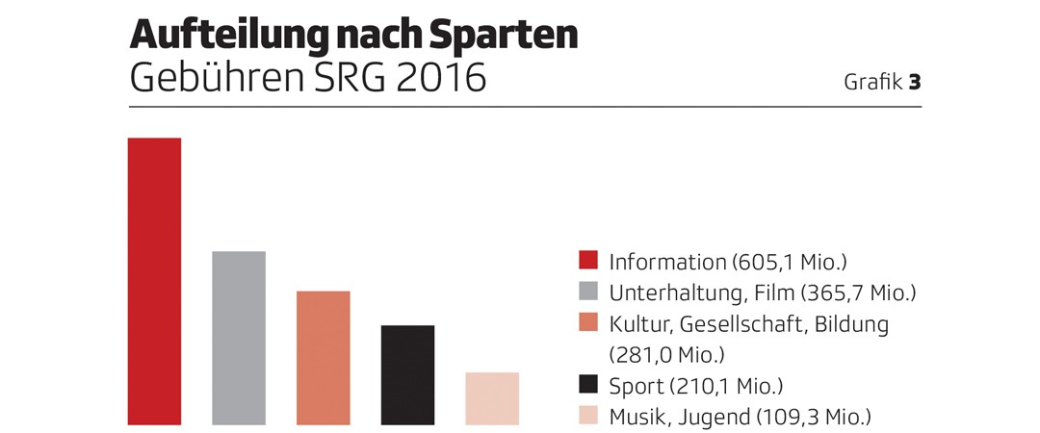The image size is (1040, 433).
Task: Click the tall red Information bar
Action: tap(154, 281)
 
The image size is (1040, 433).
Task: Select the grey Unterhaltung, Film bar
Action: tap(239, 338)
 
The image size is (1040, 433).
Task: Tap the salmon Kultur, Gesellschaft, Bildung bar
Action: tap(323, 357)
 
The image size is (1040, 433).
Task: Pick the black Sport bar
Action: tap(407, 375)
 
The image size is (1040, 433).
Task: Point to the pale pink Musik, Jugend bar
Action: tap(491, 398)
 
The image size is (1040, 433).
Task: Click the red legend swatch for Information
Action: tap(588, 261)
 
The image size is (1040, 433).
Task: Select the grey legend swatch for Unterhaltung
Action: tap(588, 292)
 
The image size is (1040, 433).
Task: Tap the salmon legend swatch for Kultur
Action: tap(588, 323)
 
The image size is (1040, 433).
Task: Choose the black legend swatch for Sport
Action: tap(588, 386)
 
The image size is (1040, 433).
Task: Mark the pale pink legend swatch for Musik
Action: tap(588, 417)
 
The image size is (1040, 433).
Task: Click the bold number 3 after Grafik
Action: tap(914, 83)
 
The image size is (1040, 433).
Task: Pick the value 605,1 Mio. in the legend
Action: tap(789, 262)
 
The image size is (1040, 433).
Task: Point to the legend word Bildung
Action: tap(851, 323)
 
